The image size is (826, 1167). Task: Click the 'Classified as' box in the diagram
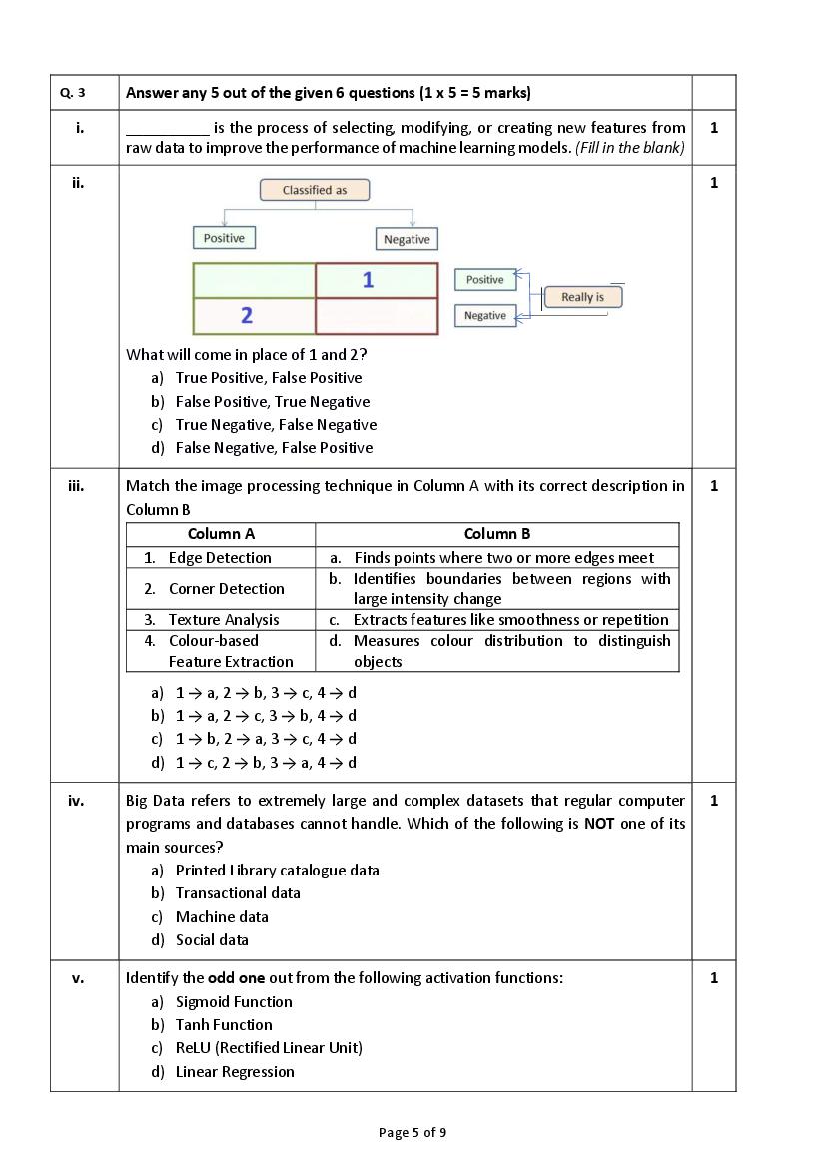pyautogui.click(x=314, y=190)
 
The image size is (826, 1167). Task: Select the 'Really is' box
pyautogui.click(x=582, y=297)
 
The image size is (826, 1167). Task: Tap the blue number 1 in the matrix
pyautogui.click(x=368, y=280)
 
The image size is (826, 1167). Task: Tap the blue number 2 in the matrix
pyautogui.click(x=247, y=316)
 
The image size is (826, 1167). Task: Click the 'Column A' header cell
pyautogui.click(x=221, y=534)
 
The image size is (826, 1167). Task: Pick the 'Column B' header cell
pyautogui.click(x=497, y=534)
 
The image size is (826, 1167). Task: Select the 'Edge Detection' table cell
pyautogui.click(x=219, y=558)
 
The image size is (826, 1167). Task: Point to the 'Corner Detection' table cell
pyautogui.click(x=226, y=589)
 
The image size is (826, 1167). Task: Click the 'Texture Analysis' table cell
pyautogui.click(x=223, y=620)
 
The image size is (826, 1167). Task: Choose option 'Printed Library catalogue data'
pyautogui.click(x=277, y=871)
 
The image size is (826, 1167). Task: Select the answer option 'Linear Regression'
pyautogui.click(x=235, y=1072)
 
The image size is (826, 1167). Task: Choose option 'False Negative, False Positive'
pyautogui.click(x=274, y=448)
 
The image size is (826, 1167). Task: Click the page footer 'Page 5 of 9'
pyautogui.click(x=413, y=1132)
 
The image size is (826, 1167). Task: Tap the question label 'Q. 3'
pyautogui.click(x=73, y=93)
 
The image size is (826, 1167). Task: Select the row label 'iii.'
pyautogui.click(x=76, y=486)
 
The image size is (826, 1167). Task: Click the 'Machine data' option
pyautogui.click(x=222, y=917)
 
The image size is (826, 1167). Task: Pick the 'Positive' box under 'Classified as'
pyautogui.click(x=224, y=238)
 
